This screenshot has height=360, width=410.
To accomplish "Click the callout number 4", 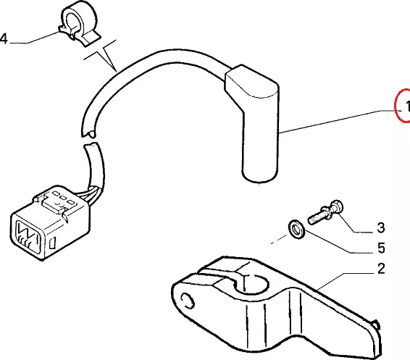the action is click(4, 38).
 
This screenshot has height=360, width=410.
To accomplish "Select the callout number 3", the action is click(381, 227).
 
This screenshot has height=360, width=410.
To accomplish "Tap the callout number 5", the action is click(382, 248).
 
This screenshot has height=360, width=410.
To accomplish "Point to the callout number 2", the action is click(381, 269).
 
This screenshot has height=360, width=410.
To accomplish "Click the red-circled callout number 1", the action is click(406, 106).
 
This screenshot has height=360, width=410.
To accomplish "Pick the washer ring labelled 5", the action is click(296, 230).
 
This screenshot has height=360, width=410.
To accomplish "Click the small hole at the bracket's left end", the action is click(188, 301).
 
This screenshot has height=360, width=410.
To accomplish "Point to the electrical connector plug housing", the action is click(50, 222).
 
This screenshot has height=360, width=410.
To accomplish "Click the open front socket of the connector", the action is click(28, 238).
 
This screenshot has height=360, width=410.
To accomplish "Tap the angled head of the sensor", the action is click(252, 83).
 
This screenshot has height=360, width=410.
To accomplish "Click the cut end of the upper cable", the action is click(89, 134).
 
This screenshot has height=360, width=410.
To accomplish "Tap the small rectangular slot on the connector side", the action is click(52, 243).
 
